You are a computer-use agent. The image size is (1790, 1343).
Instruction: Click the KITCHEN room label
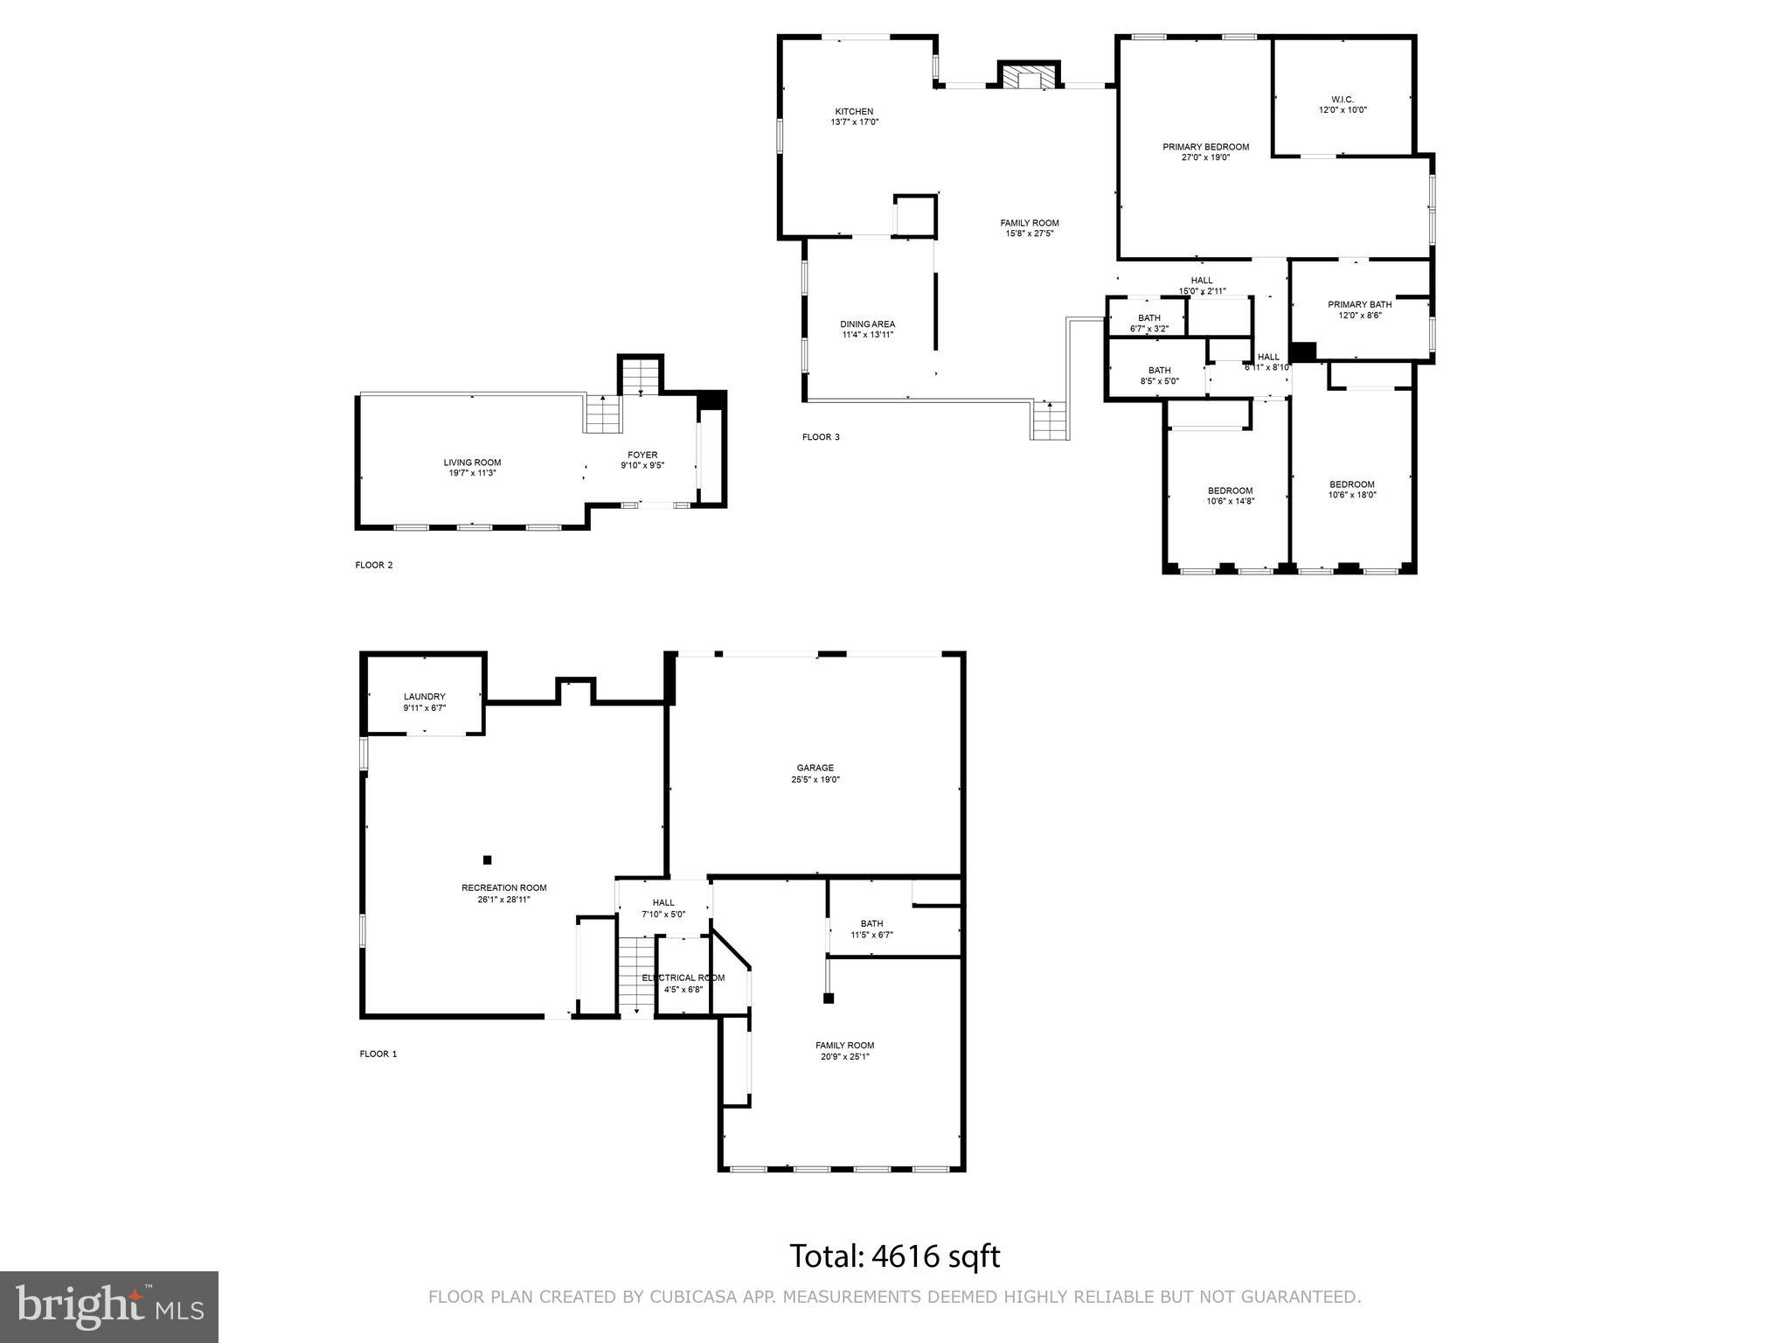pyautogui.click(x=854, y=112)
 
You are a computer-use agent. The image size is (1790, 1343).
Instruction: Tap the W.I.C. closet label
pyautogui.click(x=1342, y=100)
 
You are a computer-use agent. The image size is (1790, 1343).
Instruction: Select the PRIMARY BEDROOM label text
pyautogui.click(x=1205, y=147)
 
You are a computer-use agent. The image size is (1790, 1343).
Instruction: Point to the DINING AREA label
pyautogui.click(x=867, y=324)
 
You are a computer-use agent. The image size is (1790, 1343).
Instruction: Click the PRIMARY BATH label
pyautogui.click(x=1359, y=304)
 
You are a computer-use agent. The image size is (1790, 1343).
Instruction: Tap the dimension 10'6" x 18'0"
pyautogui.click(x=1352, y=495)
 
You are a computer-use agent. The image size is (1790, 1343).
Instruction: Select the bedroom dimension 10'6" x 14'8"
pyautogui.click(x=1231, y=501)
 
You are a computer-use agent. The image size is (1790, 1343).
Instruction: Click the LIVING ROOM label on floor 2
pyautogui.click(x=472, y=463)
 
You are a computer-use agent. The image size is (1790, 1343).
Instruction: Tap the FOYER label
pyautogui.click(x=642, y=455)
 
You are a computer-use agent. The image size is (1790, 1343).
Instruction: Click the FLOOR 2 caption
pyautogui.click(x=374, y=565)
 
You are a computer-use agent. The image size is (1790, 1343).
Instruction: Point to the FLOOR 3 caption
pyautogui.click(x=821, y=437)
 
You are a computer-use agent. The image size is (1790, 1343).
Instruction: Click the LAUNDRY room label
pyautogui.click(x=425, y=697)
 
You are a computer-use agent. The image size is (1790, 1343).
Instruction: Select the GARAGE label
pyautogui.click(x=815, y=768)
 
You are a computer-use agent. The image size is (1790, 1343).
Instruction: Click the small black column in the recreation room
pyautogui.click(x=488, y=859)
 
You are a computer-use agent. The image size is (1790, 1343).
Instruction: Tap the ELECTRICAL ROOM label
pyautogui.click(x=683, y=978)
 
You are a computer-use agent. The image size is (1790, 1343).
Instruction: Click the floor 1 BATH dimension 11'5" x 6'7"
pyautogui.click(x=871, y=935)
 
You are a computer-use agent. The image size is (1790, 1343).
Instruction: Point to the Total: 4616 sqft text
pyautogui.click(x=894, y=1256)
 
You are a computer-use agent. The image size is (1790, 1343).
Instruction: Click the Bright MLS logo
pyautogui.click(x=109, y=1307)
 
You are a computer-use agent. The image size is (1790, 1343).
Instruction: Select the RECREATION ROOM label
pyautogui.click(x=504, y=887)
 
